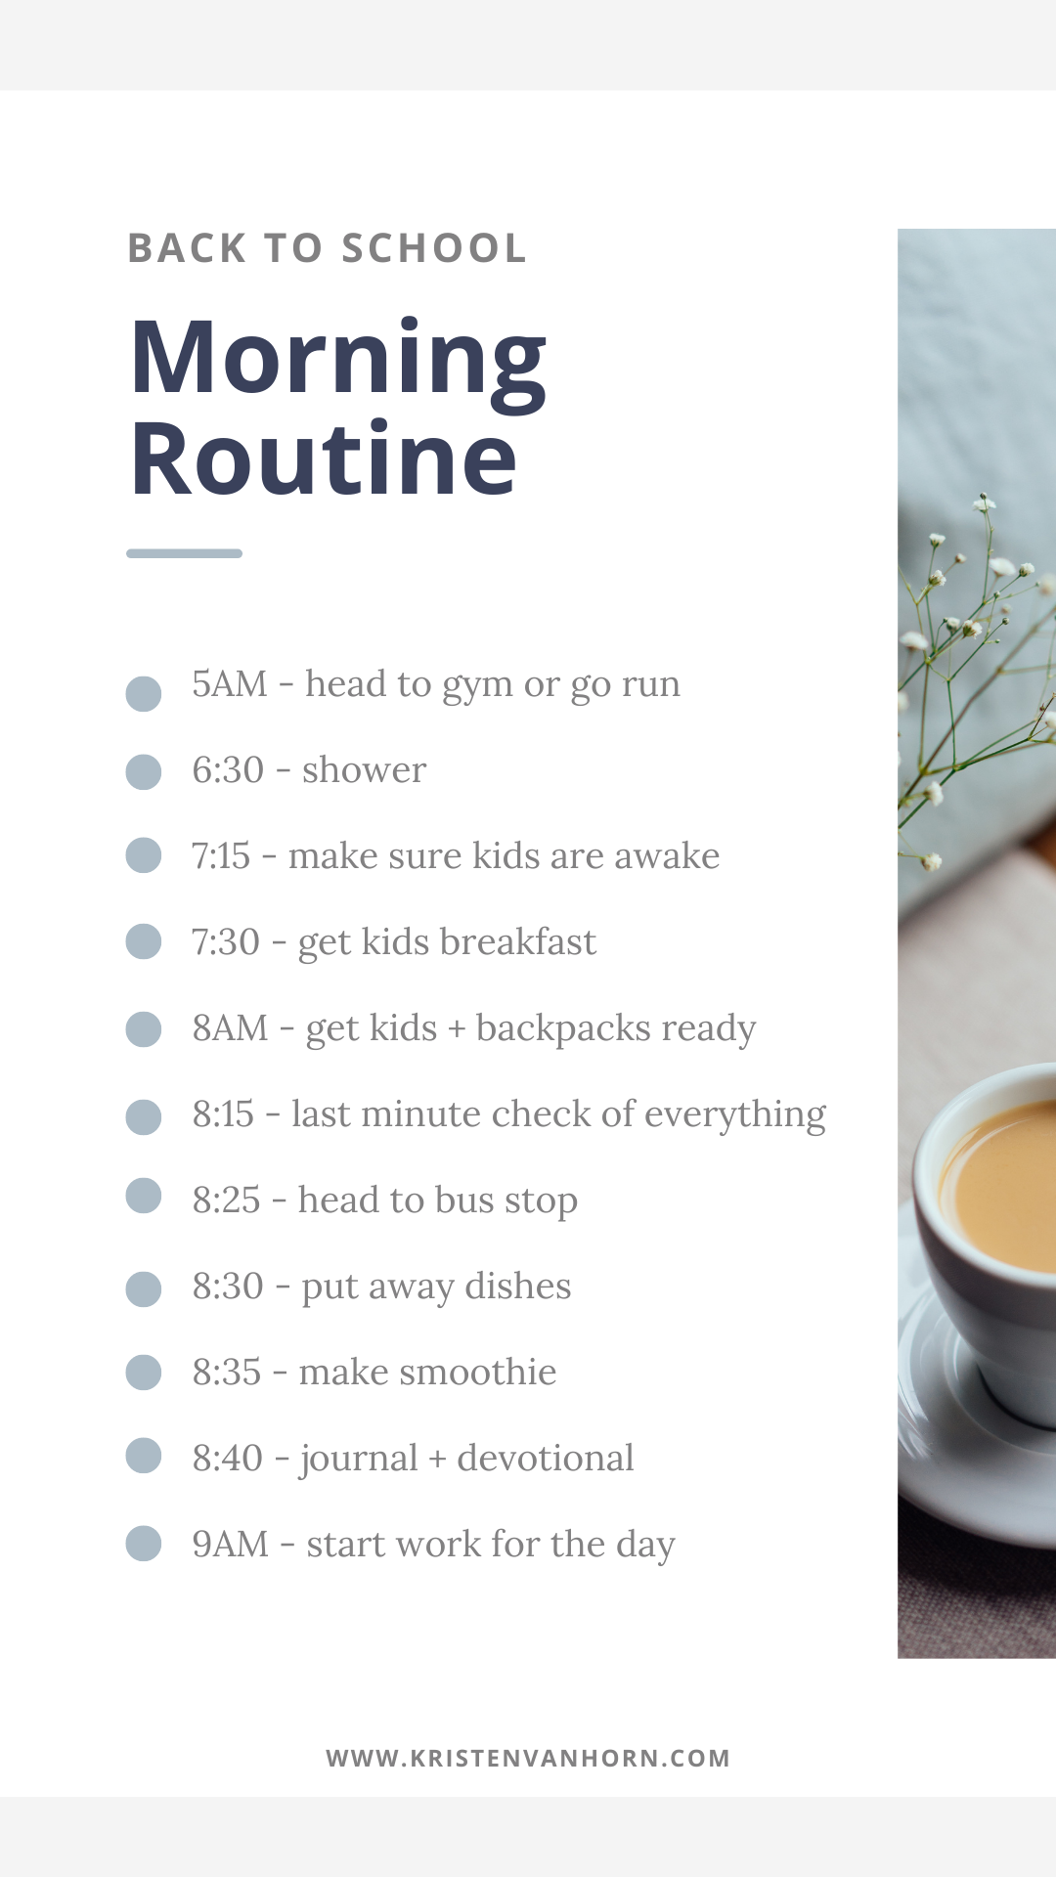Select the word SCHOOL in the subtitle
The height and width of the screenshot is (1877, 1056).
434,248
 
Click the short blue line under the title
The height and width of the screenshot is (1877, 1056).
184,553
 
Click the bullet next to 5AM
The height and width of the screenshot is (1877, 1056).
144,693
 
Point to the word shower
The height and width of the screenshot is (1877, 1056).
364,770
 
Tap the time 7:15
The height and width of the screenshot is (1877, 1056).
221,856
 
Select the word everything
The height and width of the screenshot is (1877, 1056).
734,1115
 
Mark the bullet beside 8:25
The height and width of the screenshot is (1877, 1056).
144,1195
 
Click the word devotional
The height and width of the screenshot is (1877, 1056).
545,1459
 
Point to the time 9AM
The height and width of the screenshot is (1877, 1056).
230,1545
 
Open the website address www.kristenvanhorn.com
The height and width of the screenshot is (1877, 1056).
528,1758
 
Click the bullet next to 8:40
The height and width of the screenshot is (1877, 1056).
144,1455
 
